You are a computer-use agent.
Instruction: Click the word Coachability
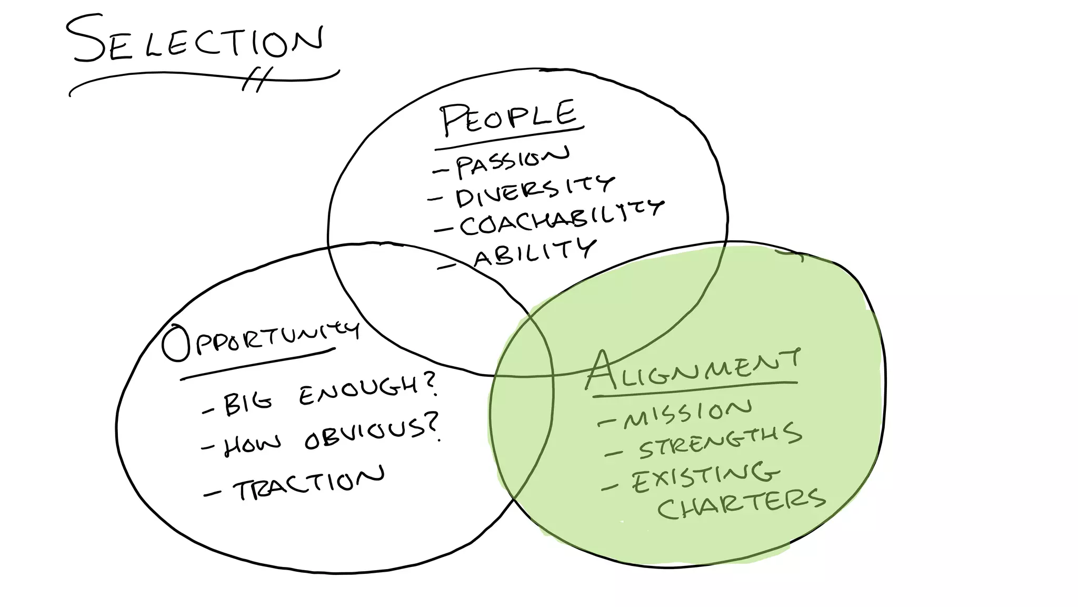[x=561, y=217]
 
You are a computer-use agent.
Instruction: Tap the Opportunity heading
[x=261, y=340]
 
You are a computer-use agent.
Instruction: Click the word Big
[x=247, y=403]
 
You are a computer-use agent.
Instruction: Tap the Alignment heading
[x=692, y=369]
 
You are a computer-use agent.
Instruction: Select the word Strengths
[x=720, y=442]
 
